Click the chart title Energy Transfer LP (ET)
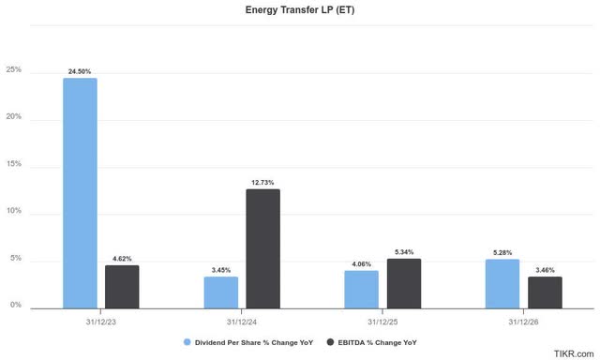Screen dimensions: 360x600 pos(299,10)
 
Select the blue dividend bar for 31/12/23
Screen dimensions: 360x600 pos(80,193)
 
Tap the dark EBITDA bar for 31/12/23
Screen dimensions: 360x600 pos(122,287)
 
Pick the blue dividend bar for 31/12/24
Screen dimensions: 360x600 pos(220,292)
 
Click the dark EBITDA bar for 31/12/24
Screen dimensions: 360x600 pos(262,248)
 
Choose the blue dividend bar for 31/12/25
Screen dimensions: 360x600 pos(361,290)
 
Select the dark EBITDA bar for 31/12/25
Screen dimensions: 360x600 pos(403,283)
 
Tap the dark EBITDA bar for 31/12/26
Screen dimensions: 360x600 pos(545,292)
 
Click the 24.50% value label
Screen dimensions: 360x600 pos(80,70)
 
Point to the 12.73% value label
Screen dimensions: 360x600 pos(262,182)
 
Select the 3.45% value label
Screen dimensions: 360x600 pos(220,270)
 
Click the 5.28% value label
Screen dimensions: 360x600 pos(502,252)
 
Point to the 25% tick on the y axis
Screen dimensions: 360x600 pos(14,71)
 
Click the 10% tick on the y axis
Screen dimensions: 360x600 pos(14,213)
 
